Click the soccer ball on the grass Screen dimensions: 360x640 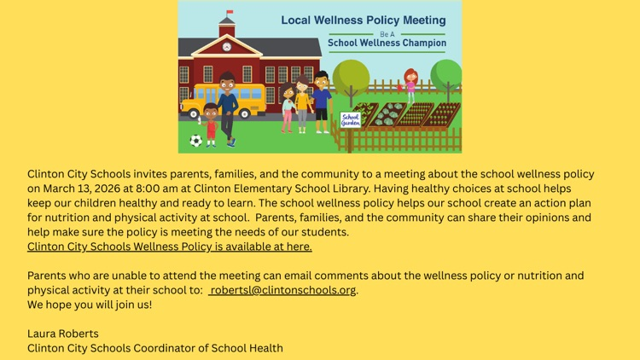(x=196, y=141)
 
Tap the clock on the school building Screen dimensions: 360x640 (x=227, y=46)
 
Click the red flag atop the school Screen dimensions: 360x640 (x=228, y=15)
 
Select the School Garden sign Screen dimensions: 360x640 (x=351, y=120)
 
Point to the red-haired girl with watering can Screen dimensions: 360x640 (x=410, y=85)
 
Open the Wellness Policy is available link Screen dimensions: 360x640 (x=169, y=247)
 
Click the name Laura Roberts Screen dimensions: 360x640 (x=63, y=334)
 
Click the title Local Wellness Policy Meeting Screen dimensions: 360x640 (x=364, y=20)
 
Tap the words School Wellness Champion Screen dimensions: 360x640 (x=387, y=43)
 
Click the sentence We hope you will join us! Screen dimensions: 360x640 (x=90, y=305)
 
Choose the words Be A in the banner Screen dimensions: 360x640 (x=387, y=32)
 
